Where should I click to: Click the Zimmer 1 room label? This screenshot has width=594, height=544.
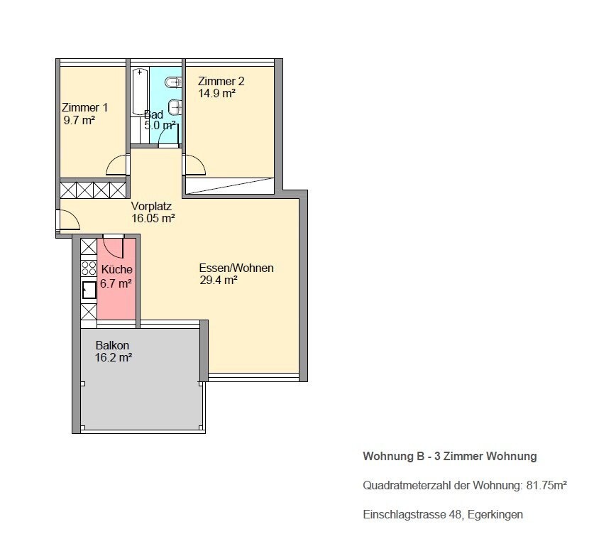pyautogui.click(x=85, y=108)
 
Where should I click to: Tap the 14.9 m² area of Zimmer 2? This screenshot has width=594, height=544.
pyautogui.click(x=216, y=93)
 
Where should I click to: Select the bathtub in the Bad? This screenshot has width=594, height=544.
pyautogui.click(x=140, y=92)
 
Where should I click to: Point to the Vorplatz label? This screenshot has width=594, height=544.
pyautogui.click(x=151, y=206)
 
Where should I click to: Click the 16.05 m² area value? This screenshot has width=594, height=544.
pyautogui.click(x=153, y=218)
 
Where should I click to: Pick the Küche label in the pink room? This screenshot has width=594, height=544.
pyautogui.click(x=116, y=270)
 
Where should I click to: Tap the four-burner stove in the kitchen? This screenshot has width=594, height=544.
pyautogui.click(x=89, y=268)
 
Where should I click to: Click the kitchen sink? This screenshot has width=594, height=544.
pyautogui.click(x=89, y=290)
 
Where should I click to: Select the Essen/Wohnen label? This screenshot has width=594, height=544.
pyautogui.click(x=236, y=268)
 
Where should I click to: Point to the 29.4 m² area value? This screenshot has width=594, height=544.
pyautogui.click(x=219, y=280)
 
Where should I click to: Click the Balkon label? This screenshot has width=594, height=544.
pyautogui.click(x=112, y=345)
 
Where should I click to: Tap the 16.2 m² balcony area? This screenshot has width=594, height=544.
pyautogui.click(x=114, y=357)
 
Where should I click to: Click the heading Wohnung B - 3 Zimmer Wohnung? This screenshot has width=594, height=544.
pyautogui.click(x=450, y=456)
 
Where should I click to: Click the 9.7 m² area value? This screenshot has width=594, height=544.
pyautogui.click(x=79, y=121)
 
